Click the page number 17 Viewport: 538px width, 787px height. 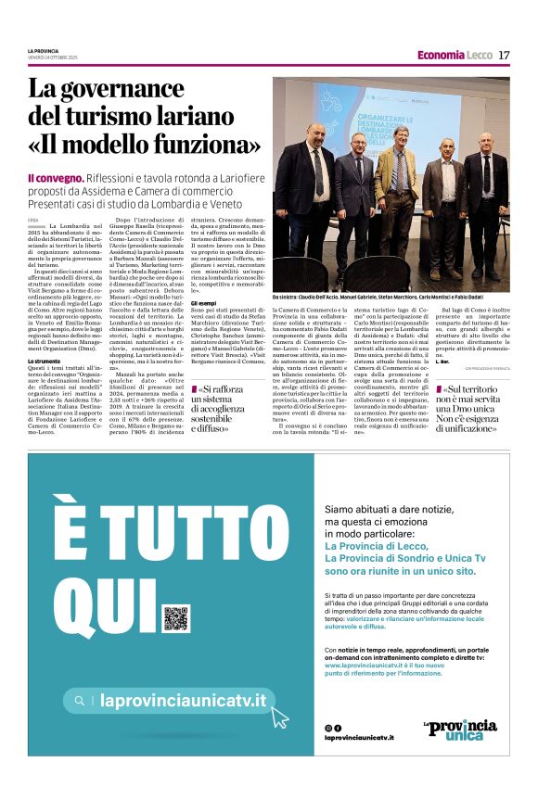tap(504, 55)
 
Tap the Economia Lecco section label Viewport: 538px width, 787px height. tap(455, 55)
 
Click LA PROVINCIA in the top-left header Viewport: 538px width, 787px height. tap(43, 50)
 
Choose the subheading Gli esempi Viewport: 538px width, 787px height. tap(203, 303)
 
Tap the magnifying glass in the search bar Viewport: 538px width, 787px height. tap(80, 701)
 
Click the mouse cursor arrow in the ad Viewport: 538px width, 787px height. tap(279, 717)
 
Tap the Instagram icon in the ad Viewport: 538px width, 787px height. tap(328, 728)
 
